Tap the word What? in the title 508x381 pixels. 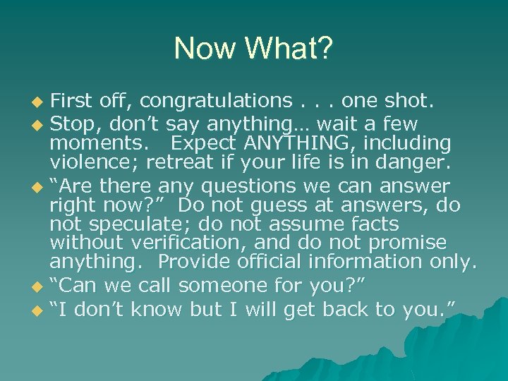(289, 49)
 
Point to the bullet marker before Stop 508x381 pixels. (40, 125)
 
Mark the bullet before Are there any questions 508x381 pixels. (40, 187)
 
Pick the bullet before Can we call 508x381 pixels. (40, 286)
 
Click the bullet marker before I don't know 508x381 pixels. (40, 309)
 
